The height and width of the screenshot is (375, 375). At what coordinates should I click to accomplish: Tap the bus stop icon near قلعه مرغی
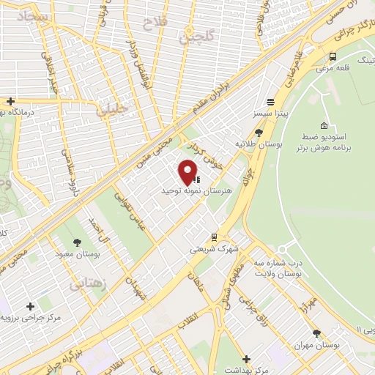[333, 56]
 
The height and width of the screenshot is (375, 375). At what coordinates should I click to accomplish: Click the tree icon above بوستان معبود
[78, 242]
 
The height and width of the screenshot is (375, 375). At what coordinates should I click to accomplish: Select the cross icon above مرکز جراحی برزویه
[30, 306]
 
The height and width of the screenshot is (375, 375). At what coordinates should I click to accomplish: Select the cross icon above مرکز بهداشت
[247, 359]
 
